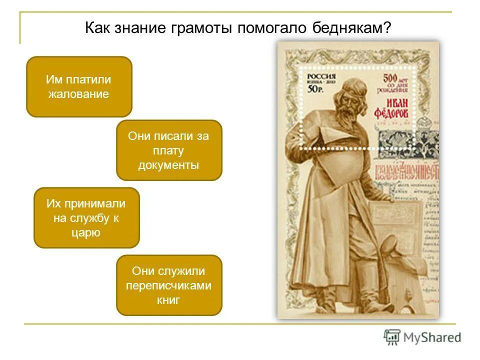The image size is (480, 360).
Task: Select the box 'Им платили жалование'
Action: [x=79, y=86]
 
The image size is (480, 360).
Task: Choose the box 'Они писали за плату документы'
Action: [x=169, y=150]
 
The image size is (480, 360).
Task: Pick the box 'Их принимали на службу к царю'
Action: [x=86, y=217]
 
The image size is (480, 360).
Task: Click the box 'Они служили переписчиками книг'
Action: [x=169, y=285]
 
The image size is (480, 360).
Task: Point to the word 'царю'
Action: [x=86, y=232]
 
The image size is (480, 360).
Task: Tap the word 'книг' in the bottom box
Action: [x=168, y=300]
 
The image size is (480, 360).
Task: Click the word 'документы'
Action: [x=169, y=165]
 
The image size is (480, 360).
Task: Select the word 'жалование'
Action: [x=78, y=94]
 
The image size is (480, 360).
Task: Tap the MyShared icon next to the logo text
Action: [x=392, y=337]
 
